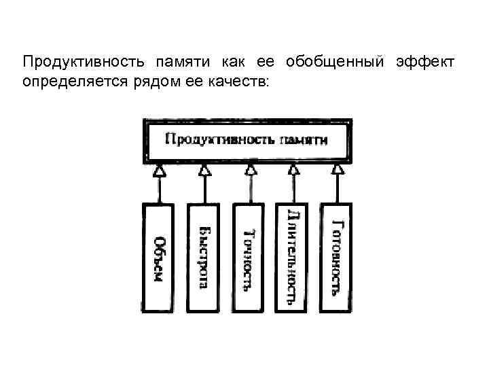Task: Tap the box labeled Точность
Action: point(249,258)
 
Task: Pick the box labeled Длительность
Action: point(293,258)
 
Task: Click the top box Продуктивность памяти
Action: point(246,141)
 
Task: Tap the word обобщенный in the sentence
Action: point(334,63)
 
